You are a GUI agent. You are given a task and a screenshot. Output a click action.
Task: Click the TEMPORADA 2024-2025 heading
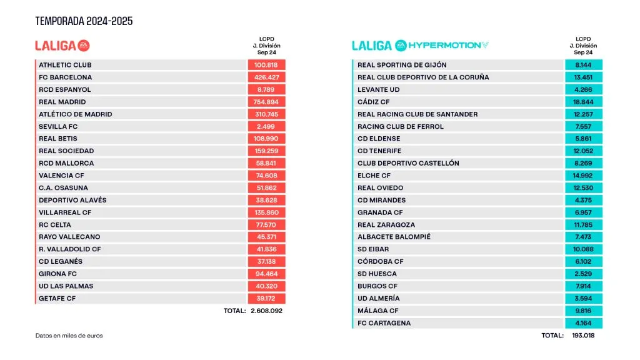pyautogui.click(x=84, y=21)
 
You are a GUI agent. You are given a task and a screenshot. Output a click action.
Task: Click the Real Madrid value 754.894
pyautogui.click(x=266, y=102)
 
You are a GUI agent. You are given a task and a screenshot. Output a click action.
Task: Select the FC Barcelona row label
pyautogui.click(x=65, y=77)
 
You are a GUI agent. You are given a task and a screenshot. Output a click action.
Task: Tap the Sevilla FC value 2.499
pyautogui.click(x=266, y=126)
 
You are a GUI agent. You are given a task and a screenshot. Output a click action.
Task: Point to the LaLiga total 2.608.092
pyautogui.click(x=266, y=311)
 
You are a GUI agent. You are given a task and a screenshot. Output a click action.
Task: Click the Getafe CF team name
pyautogui.click(x=57, y=299)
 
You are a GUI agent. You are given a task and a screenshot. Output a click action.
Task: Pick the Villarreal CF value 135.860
pyautogui.click(x=266, y=212)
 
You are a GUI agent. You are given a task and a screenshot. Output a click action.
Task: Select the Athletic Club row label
pyautogui.click(x=65, y=65)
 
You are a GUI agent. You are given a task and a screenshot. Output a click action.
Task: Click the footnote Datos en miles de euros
pyautogui.click(x=69, y=336)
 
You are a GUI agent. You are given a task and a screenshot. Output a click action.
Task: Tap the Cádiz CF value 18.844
pyautogui.click(x=583, y=102)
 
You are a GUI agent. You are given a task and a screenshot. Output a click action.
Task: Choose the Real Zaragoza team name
pyautogui.click(x=386, y=225)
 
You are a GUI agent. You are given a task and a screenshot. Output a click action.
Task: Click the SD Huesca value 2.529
pyautogui.click(x=583, y=274)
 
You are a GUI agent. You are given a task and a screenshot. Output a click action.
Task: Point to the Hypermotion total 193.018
pyautogui.click(x=583, y=336)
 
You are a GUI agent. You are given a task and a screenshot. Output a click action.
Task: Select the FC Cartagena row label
pyautogui.click(x=384, y=323)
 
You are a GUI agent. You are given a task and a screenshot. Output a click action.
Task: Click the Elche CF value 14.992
pyautogui.click(x=583, y=176)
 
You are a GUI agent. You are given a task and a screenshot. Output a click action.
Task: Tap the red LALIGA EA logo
pyautogui.click(x=62, y=45)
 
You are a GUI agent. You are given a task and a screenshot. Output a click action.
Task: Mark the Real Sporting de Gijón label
pyautogui.click(x=402, y=65)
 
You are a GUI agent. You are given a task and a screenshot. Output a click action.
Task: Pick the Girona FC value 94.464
pyautogui.click(x=266, y=274)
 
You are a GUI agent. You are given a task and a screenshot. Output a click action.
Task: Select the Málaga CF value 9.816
pyautogui.click(x=583, y=311)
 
